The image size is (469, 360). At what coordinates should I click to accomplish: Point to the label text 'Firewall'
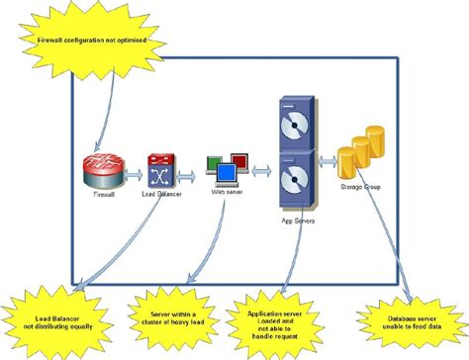pos(104,198)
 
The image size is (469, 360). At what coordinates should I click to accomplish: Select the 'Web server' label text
pos(227,193)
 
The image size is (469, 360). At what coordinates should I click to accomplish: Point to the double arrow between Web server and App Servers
pos(260,170)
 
